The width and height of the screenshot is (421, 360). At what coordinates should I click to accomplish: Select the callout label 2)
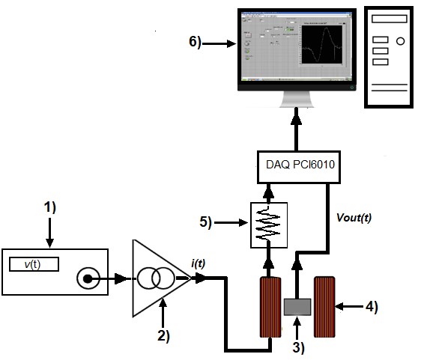(163, 335)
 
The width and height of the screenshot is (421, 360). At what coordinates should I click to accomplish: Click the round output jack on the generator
(88, 280)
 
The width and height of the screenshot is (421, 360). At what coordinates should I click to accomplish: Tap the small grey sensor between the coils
(297, 305)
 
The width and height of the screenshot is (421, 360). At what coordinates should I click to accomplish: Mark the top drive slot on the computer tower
(380, 38)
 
